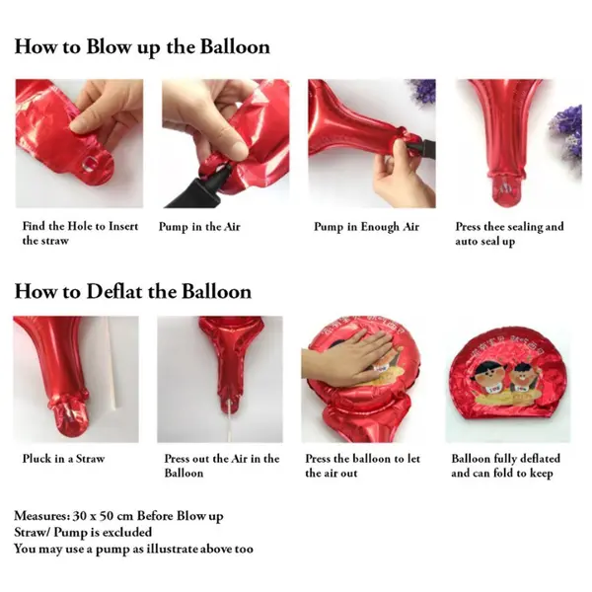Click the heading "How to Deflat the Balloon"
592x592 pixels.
[133, 292]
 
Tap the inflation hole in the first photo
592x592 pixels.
[89, 165]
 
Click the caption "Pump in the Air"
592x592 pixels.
[199, 227]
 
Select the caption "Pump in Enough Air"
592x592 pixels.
[367, 227]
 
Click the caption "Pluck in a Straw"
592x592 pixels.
[63, 459]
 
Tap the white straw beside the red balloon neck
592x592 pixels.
[113, 363]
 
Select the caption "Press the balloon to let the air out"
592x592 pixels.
[363, 466]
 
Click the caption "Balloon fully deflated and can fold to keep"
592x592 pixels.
[505, 466]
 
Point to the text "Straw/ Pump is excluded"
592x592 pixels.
[83, 532]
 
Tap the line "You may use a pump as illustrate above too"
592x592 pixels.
[133, 549]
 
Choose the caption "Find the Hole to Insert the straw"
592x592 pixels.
[80, 233]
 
